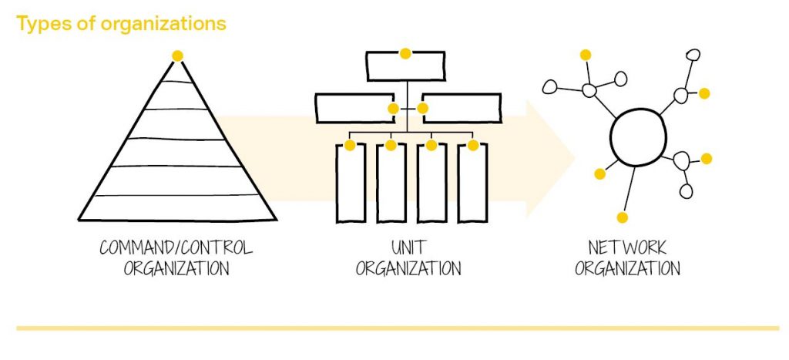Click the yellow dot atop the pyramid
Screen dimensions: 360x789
(178, 56)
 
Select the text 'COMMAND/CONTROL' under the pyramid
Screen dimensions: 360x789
(176, 249)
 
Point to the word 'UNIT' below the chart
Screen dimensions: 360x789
(408, 249)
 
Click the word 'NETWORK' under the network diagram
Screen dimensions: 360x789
(627, 249)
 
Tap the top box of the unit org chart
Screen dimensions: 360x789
(405, 67)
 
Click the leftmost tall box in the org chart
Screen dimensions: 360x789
(350, 183)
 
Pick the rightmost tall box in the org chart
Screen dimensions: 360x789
(473, 183)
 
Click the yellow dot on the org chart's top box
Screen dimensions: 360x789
(405, 53)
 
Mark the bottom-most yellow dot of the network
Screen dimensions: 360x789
(623, 217)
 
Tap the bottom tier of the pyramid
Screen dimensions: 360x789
(177, 207)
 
